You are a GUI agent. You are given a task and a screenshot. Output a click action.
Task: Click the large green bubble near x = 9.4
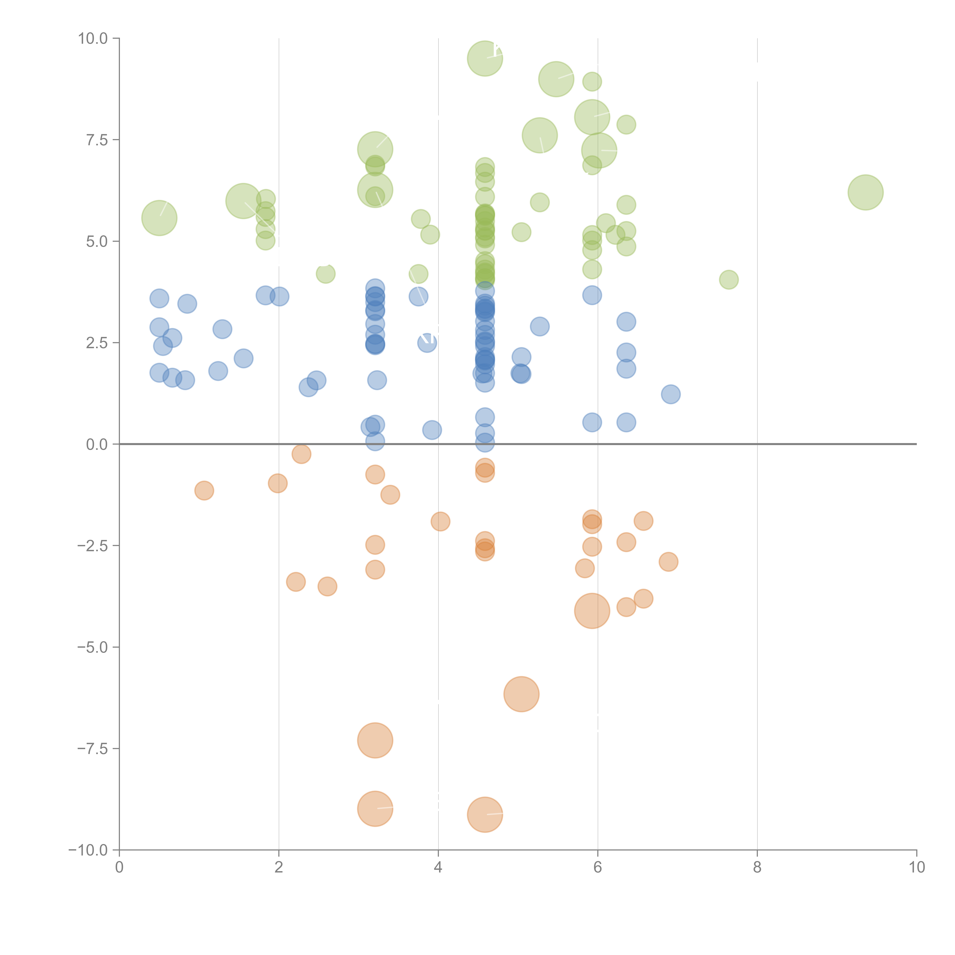point(866,192)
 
